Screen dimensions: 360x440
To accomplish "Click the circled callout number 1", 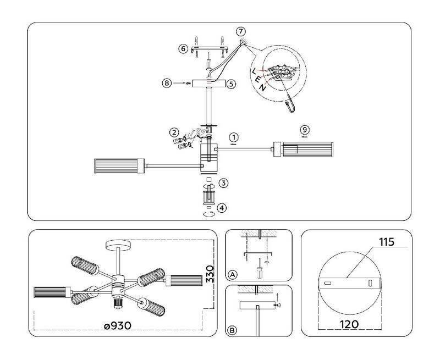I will pyautogui.click(x=233, y=136).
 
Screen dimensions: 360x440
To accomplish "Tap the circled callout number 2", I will pyautogui.click(x=174, y=132).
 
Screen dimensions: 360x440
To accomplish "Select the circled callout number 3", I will pyautogui.click(x=223, y=182).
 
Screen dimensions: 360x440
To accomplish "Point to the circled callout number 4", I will pyautogui.click(x=221, y=208).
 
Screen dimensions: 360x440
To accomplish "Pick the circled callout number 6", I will pyautogui.click(x=183, y=49).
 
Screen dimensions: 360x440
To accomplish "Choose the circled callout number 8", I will pyautogui.click(x=167, y=84).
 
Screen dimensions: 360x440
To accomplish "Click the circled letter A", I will pyautogui.click(x=233, y=274).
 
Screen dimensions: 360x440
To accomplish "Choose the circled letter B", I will pyautogui.click(x=233, y=330).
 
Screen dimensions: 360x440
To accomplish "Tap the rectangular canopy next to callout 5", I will pyautogui.click(x=209, y=84).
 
